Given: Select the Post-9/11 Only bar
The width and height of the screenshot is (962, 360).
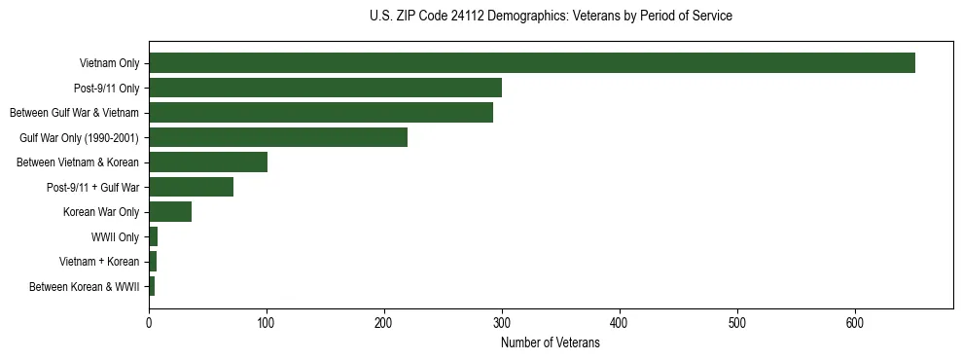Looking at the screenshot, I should (325, 88).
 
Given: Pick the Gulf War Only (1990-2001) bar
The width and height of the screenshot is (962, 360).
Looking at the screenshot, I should (278, 137).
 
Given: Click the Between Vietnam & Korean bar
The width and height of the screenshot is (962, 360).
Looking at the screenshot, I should (208, 162).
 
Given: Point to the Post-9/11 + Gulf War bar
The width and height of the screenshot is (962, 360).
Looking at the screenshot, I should (191, 187).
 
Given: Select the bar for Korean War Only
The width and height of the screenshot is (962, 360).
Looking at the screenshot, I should (170, 212).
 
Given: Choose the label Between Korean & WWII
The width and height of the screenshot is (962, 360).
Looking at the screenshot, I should (85, 287).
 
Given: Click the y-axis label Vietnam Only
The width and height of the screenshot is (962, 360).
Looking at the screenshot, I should (109, 63).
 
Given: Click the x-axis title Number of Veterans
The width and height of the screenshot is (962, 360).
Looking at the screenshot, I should (551, 342).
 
